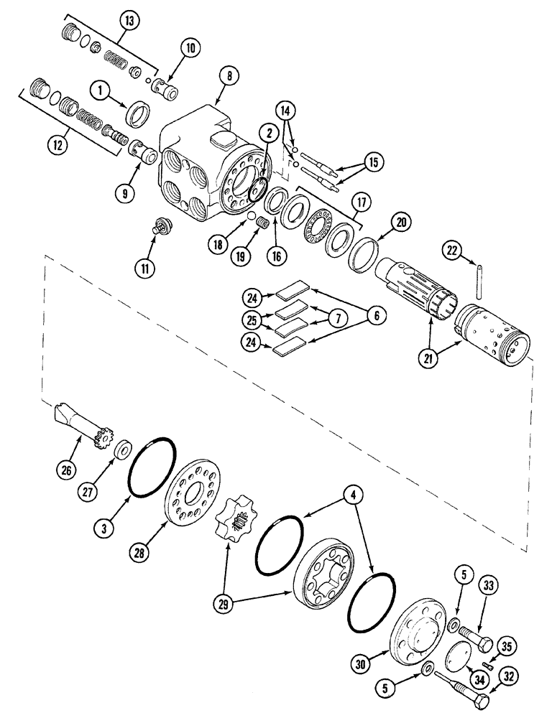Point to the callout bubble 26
pyautogui.click(x=67, y=471)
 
